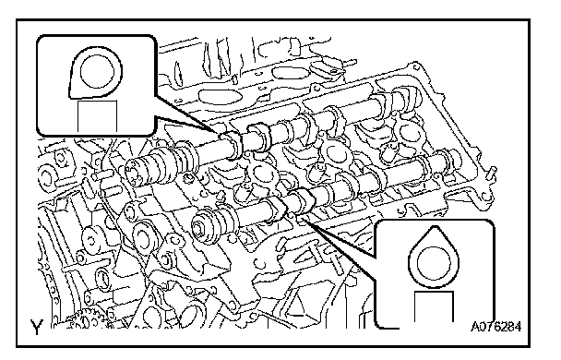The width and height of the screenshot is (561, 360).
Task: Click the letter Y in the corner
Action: pos(37,327)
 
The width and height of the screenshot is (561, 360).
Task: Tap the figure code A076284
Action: pos(495,327)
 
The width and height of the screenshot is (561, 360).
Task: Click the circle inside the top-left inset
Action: pos(97,71)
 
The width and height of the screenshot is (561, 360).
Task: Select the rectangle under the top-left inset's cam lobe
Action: pos(97,116)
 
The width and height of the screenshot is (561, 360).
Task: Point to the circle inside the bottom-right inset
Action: pos(434,263)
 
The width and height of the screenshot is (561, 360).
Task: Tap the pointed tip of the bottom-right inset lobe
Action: pos(434,226)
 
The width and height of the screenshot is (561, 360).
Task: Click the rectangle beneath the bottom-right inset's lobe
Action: pos(434,306)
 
